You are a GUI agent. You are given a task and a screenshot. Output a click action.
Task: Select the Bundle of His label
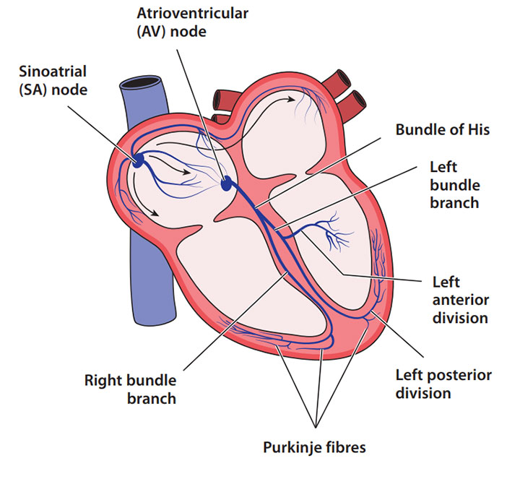(x=442, y=130)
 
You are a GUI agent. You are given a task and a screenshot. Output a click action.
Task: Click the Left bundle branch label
(x=454, y=185)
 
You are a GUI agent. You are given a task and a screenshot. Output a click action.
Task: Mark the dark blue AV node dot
(x=228, y=185)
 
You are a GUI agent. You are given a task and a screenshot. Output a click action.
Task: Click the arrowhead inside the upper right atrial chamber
(x=295, y=100)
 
